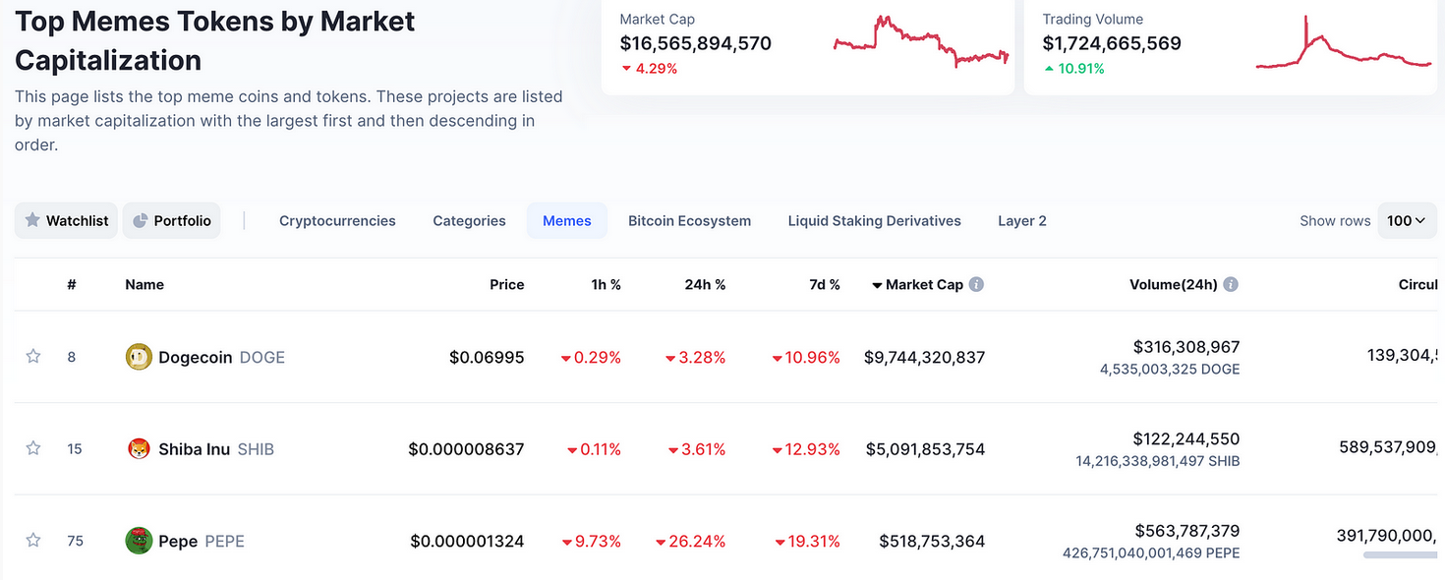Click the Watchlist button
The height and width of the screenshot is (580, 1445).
pos(66,221)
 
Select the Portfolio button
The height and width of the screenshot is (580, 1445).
pos(171,221)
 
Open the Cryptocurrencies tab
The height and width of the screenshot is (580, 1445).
pos(337,221)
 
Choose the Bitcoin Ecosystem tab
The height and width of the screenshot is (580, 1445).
pos(689,221)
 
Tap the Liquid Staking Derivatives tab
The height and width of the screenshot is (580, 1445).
pos(874,221)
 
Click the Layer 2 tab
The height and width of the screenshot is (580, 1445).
pos(1021,221)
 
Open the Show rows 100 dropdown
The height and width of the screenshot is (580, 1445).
pos(1406,221)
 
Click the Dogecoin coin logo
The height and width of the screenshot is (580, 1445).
pos(139,357)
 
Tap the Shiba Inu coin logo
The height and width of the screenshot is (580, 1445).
pos(139,449)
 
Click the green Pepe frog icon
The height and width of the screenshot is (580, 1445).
pos(139,541)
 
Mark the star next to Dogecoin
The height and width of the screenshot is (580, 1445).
pos(33,356)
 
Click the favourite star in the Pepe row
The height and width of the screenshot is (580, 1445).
pos(33,540)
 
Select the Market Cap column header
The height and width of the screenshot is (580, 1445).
pos(923,284)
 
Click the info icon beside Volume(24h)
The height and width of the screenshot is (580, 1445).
pos(1231,284)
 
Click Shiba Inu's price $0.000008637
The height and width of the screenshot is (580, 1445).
pos(466,449)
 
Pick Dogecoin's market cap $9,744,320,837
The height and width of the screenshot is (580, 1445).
pos(924,358)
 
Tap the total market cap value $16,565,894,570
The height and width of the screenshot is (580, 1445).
pos(695,43)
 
